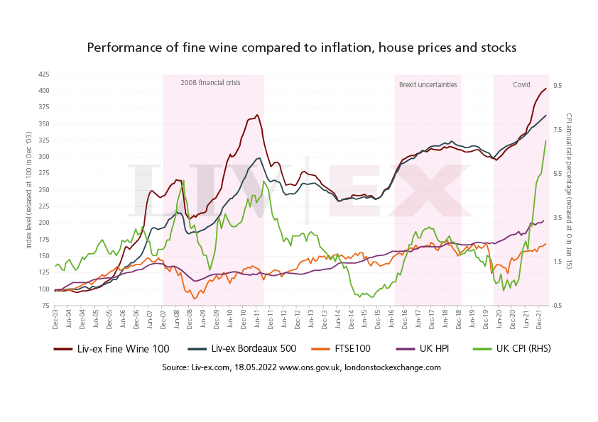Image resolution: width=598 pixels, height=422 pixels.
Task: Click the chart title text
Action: point(301,48)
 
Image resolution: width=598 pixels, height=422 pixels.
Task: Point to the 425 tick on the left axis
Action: point(43,74)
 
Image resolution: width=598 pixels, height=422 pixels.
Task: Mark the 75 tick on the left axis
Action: point(45,305)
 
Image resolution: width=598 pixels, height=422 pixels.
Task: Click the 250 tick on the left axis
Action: point(43,189)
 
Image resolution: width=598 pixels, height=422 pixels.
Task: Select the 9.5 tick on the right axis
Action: point(558,85)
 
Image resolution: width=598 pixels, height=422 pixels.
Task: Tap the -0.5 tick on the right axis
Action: point(558,305)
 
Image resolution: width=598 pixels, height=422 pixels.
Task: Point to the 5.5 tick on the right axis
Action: point(558,173)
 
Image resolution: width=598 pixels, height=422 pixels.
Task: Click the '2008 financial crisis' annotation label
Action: point(210,83)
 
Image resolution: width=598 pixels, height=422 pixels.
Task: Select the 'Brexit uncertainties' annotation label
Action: point(428,84)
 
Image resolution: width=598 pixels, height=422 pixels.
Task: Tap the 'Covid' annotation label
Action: point(521,84)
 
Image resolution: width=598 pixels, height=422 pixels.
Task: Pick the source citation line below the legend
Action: point(301,367)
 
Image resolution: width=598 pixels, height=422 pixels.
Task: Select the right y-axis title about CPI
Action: point(570,189)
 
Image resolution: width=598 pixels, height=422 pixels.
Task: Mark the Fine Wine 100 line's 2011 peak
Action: point(256,115)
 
